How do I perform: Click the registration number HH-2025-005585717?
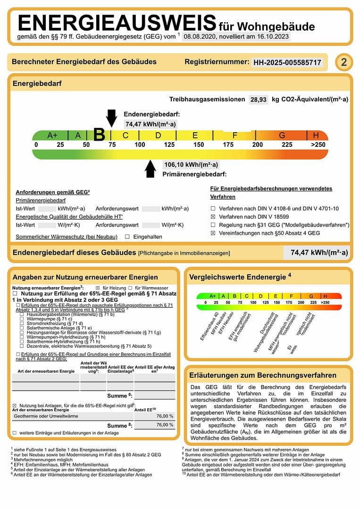(287, 62)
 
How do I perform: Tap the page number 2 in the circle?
(344, 62)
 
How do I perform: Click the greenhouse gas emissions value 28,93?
(259, 99)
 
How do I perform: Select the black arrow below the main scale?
(151, 169)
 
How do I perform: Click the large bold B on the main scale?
(99, 135)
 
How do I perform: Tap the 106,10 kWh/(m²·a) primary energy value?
(191, 165)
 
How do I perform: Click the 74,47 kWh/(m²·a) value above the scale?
(150, 124)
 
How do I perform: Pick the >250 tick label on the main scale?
(318, 144)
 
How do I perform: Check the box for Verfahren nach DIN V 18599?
(213, 217)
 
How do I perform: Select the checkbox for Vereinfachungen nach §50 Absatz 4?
(213, 233)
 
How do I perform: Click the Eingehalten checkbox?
(127, 237)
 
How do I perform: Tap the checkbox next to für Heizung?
(98, 288)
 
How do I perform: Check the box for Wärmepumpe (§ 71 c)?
(22, 319)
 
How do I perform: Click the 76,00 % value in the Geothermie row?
(165, 416)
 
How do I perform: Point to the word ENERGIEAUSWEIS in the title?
(117, 23)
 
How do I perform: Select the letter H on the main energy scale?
(316, 135)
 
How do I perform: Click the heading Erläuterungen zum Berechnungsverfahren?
(263, 375)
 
